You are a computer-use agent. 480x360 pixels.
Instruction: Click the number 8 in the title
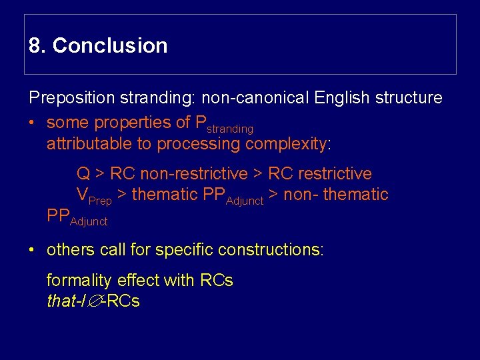tap(35, 46)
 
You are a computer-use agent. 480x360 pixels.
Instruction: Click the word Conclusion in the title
tap(110, 46)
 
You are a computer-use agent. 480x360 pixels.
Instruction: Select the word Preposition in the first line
tap(72, 98)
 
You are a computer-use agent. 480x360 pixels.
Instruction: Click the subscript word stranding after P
tap(229, 128)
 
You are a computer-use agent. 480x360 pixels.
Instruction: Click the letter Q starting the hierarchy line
tap(83, 174)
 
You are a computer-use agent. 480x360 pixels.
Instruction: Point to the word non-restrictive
tap(179, 174)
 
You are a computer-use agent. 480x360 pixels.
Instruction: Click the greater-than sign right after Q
tap(99, 174)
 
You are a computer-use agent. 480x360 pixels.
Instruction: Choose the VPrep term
tap(94, 196)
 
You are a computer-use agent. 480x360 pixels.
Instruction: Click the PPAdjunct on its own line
tap(77, 217)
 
